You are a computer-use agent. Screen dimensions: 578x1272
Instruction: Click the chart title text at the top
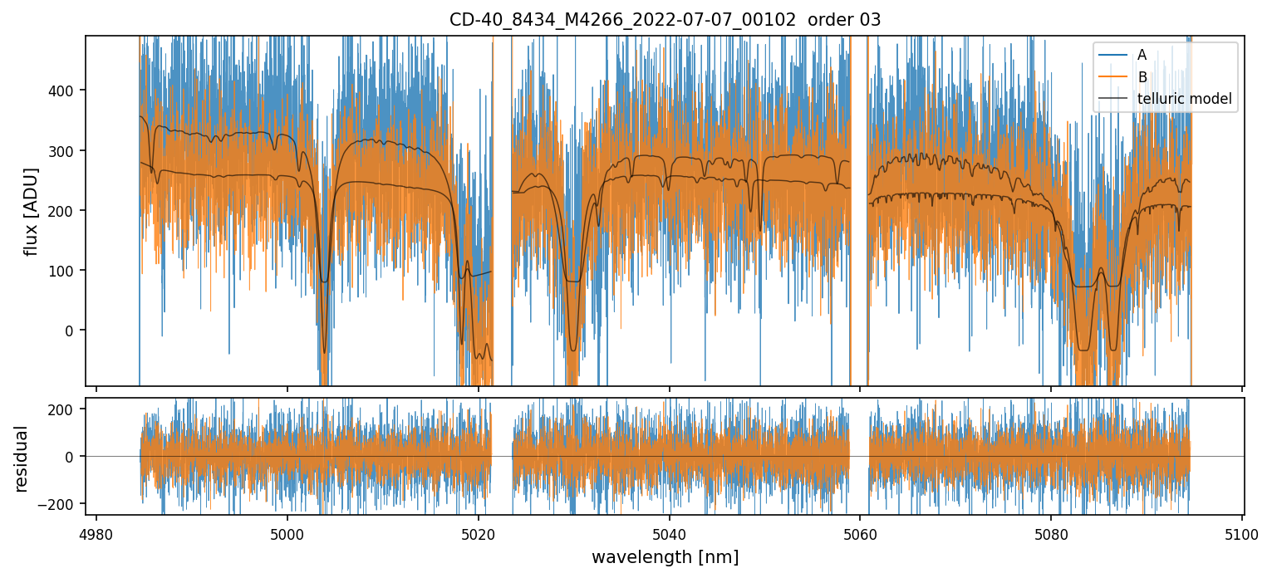tap(665, 20)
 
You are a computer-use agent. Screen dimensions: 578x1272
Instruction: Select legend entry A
tap(1142, 56)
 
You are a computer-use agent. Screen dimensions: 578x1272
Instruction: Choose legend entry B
tap(1142, 77)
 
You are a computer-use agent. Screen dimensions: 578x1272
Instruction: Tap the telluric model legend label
tap(1184, 100)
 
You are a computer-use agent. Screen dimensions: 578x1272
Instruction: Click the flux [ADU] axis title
tap(32, 211)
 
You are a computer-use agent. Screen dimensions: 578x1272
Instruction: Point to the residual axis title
tap(22, 458)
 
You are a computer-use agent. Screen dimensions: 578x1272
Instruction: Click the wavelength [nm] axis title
tap(665, 557)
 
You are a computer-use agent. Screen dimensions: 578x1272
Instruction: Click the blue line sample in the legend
tap(1113, 56)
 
